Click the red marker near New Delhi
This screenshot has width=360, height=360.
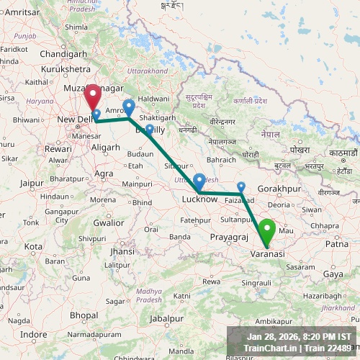pos(93,96)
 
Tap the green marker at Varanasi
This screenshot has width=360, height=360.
pos(268,232)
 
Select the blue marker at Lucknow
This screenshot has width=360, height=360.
pos(199,181)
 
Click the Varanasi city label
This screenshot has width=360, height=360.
pos(267,254)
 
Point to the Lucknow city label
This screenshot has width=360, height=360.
pos(199,199)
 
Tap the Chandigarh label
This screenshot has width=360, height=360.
pos(63,53)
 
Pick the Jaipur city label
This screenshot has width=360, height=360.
pos(32,183)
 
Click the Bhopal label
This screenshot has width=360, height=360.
pos(84,315)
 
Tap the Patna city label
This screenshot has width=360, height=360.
pos(336,244)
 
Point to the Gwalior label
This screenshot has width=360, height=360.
pos(108,222)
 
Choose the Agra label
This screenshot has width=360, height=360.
pos(104,174)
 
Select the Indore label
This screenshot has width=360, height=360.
pos(33,335)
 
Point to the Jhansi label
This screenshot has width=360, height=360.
pos(122,251)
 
